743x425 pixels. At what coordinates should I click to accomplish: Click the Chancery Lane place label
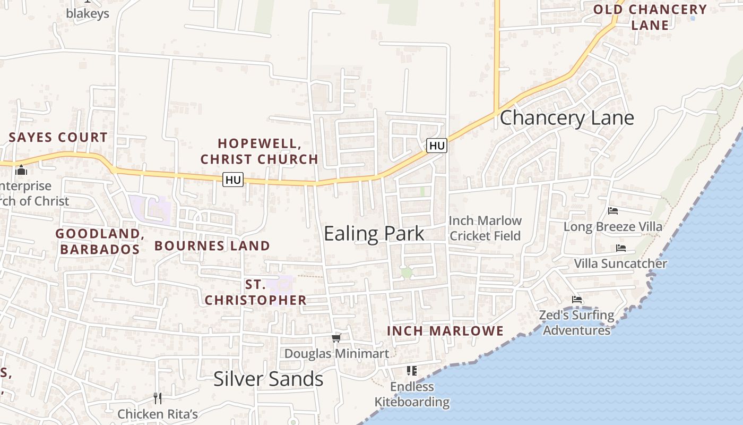pyautogui.click(x=567, y=117)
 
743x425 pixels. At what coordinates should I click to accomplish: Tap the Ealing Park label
pyautogui.click(x=374, y=233)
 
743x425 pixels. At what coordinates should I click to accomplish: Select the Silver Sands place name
pyautogui.click(x=268, y=379)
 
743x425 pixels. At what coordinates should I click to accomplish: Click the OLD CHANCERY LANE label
pyautogui.click(x=650, y=17)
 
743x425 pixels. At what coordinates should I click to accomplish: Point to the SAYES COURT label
pyautogui.click(x=58, y=137)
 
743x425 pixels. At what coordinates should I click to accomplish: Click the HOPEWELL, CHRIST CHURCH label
pyautogui.click(x=260, y=151)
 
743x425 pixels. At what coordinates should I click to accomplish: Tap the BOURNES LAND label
pyautogui.click(x=212, y=245)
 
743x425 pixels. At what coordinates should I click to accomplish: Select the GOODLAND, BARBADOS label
pyautogui.click(x=100, y=241)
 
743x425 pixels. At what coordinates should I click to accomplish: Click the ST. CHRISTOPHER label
pyautogui.click(x=255, y=292)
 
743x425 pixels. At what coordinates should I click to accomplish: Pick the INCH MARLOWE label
pyautogui.click(x=445, y=331)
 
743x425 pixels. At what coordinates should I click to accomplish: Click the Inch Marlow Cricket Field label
pyautogui.click(x=485, y=228)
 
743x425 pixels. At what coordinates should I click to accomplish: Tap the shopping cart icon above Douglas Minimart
pyautogui.click(x=336, y=338)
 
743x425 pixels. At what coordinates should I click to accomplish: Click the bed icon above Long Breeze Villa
pyautogui.click(x=613, y=211)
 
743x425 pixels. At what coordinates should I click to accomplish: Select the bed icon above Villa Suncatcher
pyautogui.click(x=621, y=248)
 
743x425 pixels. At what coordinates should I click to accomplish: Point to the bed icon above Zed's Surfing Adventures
pyautogui.click(x=577, y=300)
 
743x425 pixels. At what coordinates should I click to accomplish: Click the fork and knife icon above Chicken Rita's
pyautogui.click(x=158, y=398)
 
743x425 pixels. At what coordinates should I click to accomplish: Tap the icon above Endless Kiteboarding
pyautogui.click(x=412, y=370)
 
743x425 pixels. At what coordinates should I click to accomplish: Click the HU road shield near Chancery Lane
pyautogui.click(x=437, y=145)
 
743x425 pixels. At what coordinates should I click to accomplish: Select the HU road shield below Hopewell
pyautogui.click(x=233, y=180)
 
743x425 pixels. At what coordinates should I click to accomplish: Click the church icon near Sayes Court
pyautogui.click(x=21, y=171)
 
